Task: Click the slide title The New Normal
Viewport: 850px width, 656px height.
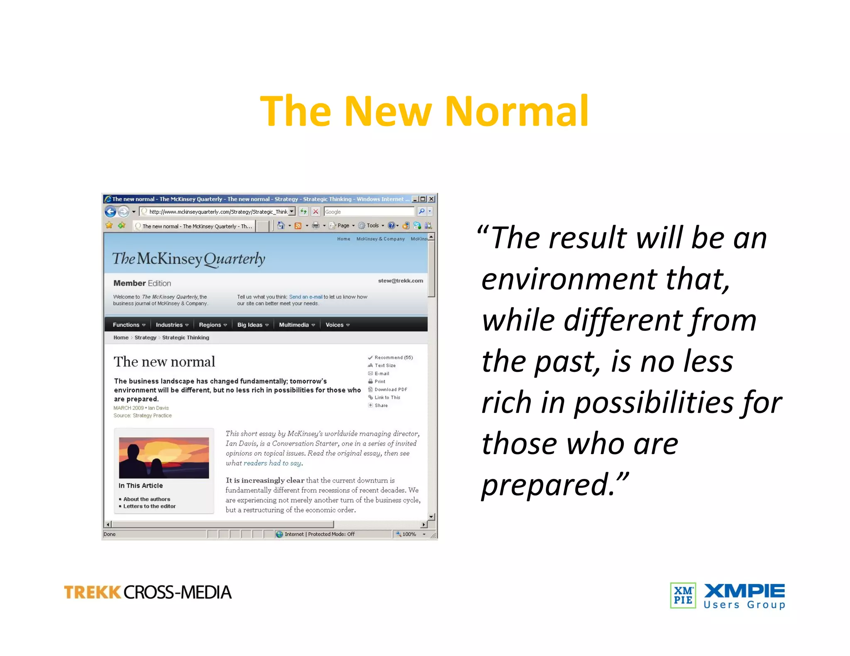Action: (x=424, y=111)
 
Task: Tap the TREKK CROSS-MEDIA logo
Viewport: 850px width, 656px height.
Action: (x=148, y=592)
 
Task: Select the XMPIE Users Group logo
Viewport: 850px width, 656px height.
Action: (x=728, y=596)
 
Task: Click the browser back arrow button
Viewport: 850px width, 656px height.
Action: (x=110, y=212)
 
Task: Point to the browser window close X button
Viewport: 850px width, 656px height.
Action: (x=432, y=199)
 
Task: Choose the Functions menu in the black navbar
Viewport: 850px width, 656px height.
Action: (x=129, y=325)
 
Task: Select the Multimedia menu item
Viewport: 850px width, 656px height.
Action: (x=296, y=325)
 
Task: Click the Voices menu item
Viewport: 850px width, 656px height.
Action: (x=337, y=325)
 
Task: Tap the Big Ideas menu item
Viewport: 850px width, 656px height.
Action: (x=252, y=325)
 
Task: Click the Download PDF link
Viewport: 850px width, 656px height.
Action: (x=391, y=389)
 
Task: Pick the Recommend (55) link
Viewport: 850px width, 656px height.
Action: (x=393, y=357)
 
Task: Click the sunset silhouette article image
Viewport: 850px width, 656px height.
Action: (x=164, y=458)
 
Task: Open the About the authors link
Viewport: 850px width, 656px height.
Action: (x=147, y=499)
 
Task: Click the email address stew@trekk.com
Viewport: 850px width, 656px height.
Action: (x=401, y=281)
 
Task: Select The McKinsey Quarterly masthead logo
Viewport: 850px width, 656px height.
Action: (x=188, y=259)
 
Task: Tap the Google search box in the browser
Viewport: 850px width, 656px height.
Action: (x=369, y=212)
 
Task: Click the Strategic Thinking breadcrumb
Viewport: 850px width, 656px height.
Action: (x=186, y=338)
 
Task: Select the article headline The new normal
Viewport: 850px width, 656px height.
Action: (x=164, y=362)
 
